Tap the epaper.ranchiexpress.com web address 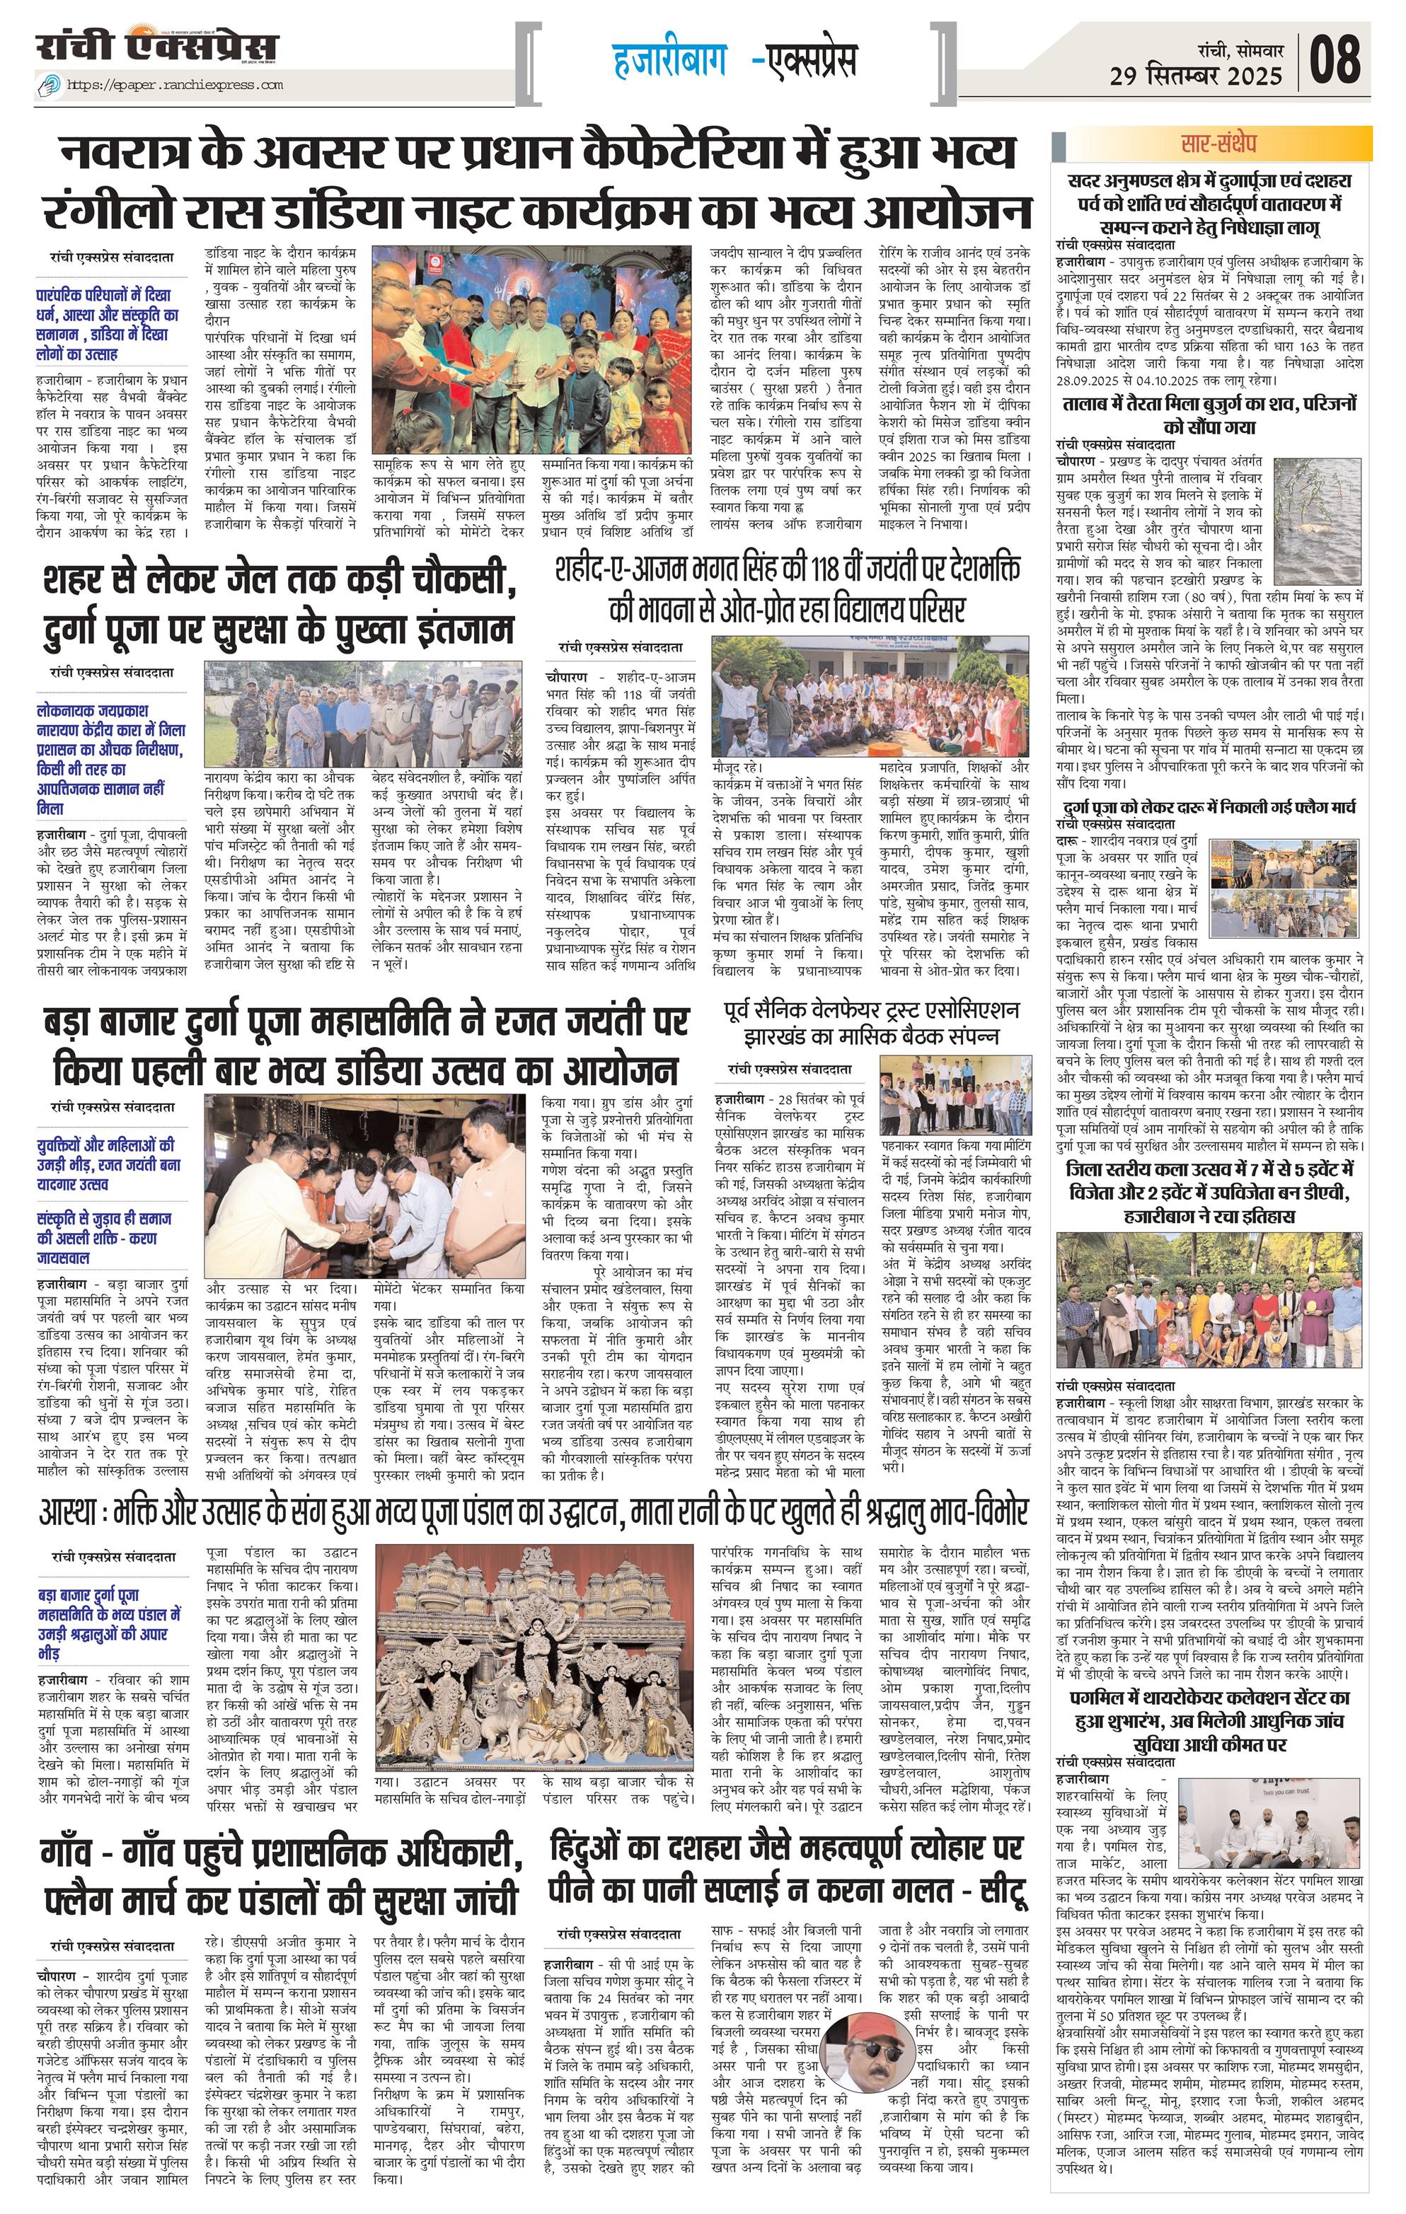coord(175,85)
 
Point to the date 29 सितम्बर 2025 coord(1195,76)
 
